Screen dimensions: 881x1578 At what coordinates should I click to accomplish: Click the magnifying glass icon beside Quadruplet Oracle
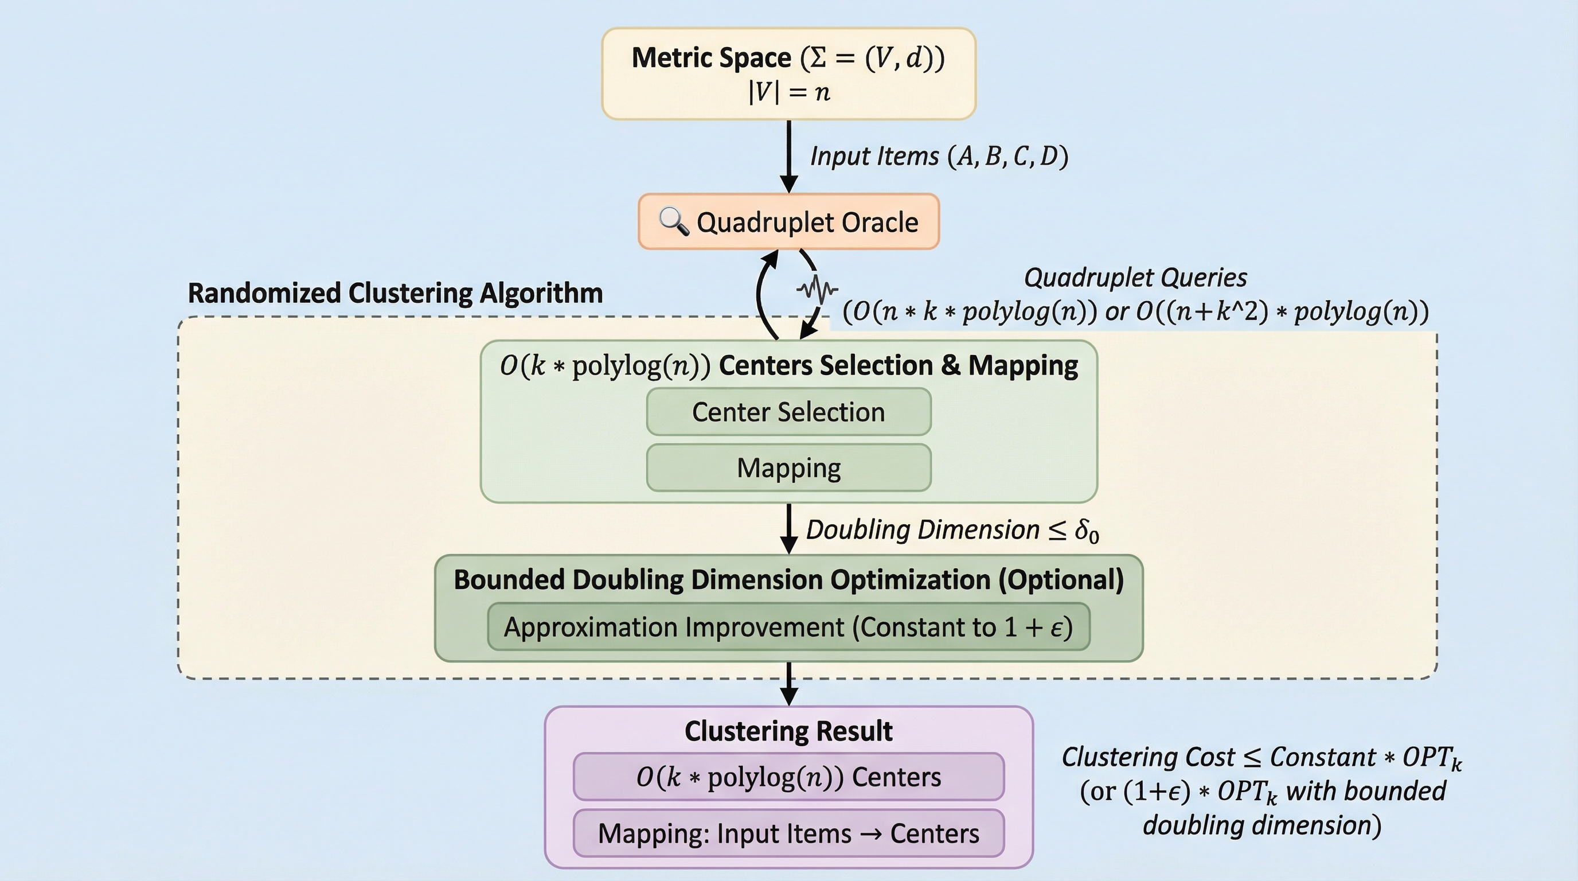coord(673,221)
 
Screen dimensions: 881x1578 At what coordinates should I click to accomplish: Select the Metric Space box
coord(788,73)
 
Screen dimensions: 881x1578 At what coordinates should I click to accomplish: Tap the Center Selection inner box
coord(788,412)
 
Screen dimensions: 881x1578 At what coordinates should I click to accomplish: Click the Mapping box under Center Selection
coord(788,468)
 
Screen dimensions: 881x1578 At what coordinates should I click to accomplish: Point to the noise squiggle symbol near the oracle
coord(817,289)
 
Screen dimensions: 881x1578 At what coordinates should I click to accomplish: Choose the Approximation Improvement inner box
coord(788,627)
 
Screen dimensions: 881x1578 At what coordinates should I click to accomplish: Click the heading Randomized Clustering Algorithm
coord(395,293)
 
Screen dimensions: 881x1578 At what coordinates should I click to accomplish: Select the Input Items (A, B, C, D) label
coord(939,156)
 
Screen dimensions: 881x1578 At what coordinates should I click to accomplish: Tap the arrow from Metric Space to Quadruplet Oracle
coord(789,156)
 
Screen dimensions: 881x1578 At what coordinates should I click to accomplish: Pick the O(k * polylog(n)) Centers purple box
coord(788,777)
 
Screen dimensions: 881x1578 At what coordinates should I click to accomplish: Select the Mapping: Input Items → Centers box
coord(788,833)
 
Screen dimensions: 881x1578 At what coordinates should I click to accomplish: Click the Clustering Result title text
coord(788,731)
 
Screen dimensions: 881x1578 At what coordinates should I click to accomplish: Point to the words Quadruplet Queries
coord(1135,278)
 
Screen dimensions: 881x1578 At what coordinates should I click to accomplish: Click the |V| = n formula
coord(789,92)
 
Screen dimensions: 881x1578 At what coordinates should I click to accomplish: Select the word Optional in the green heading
coord(1061,579)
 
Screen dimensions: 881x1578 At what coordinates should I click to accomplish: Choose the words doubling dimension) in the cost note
coord(1262,825)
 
